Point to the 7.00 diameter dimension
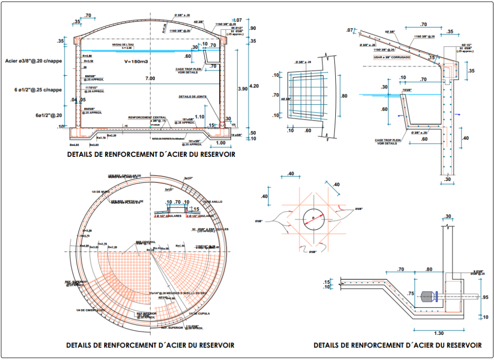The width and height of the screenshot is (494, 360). (150, 78)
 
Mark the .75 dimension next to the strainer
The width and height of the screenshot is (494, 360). (411, 293)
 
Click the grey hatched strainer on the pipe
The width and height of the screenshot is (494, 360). (426, 296)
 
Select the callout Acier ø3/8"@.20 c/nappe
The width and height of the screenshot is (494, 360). (34, 61)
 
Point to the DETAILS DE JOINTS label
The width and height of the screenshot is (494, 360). (192, 97)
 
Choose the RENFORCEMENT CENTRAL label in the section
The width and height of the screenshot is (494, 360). (147, 117)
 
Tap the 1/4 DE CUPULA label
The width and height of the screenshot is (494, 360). (198, 314)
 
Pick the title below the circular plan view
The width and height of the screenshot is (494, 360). (150, 345)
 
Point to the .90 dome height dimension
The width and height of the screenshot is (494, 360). (253, 28)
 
